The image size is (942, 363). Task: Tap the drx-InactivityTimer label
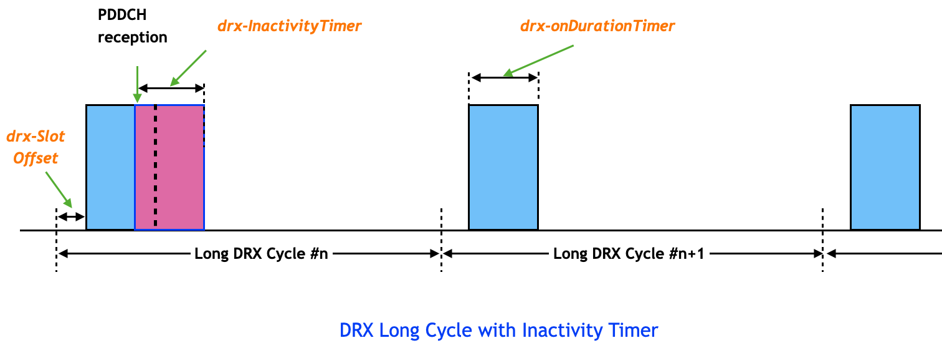(289, 27)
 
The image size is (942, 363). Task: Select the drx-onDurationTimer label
(597, 27)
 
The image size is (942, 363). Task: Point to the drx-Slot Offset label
(36, 147)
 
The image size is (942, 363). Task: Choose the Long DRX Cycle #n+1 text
(627, 254)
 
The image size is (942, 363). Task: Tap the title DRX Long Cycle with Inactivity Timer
(498, 330)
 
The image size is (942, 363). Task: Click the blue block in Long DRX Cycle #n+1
(503, 167)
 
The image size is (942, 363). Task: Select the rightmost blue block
(885, 167)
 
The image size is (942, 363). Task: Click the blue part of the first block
(110, 167)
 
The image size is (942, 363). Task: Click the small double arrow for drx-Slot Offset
(70, 216)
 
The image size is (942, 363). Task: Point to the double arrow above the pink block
(171, 87)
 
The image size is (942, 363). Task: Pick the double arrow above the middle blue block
(504, 77)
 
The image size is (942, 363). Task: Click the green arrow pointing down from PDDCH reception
(137, 82)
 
